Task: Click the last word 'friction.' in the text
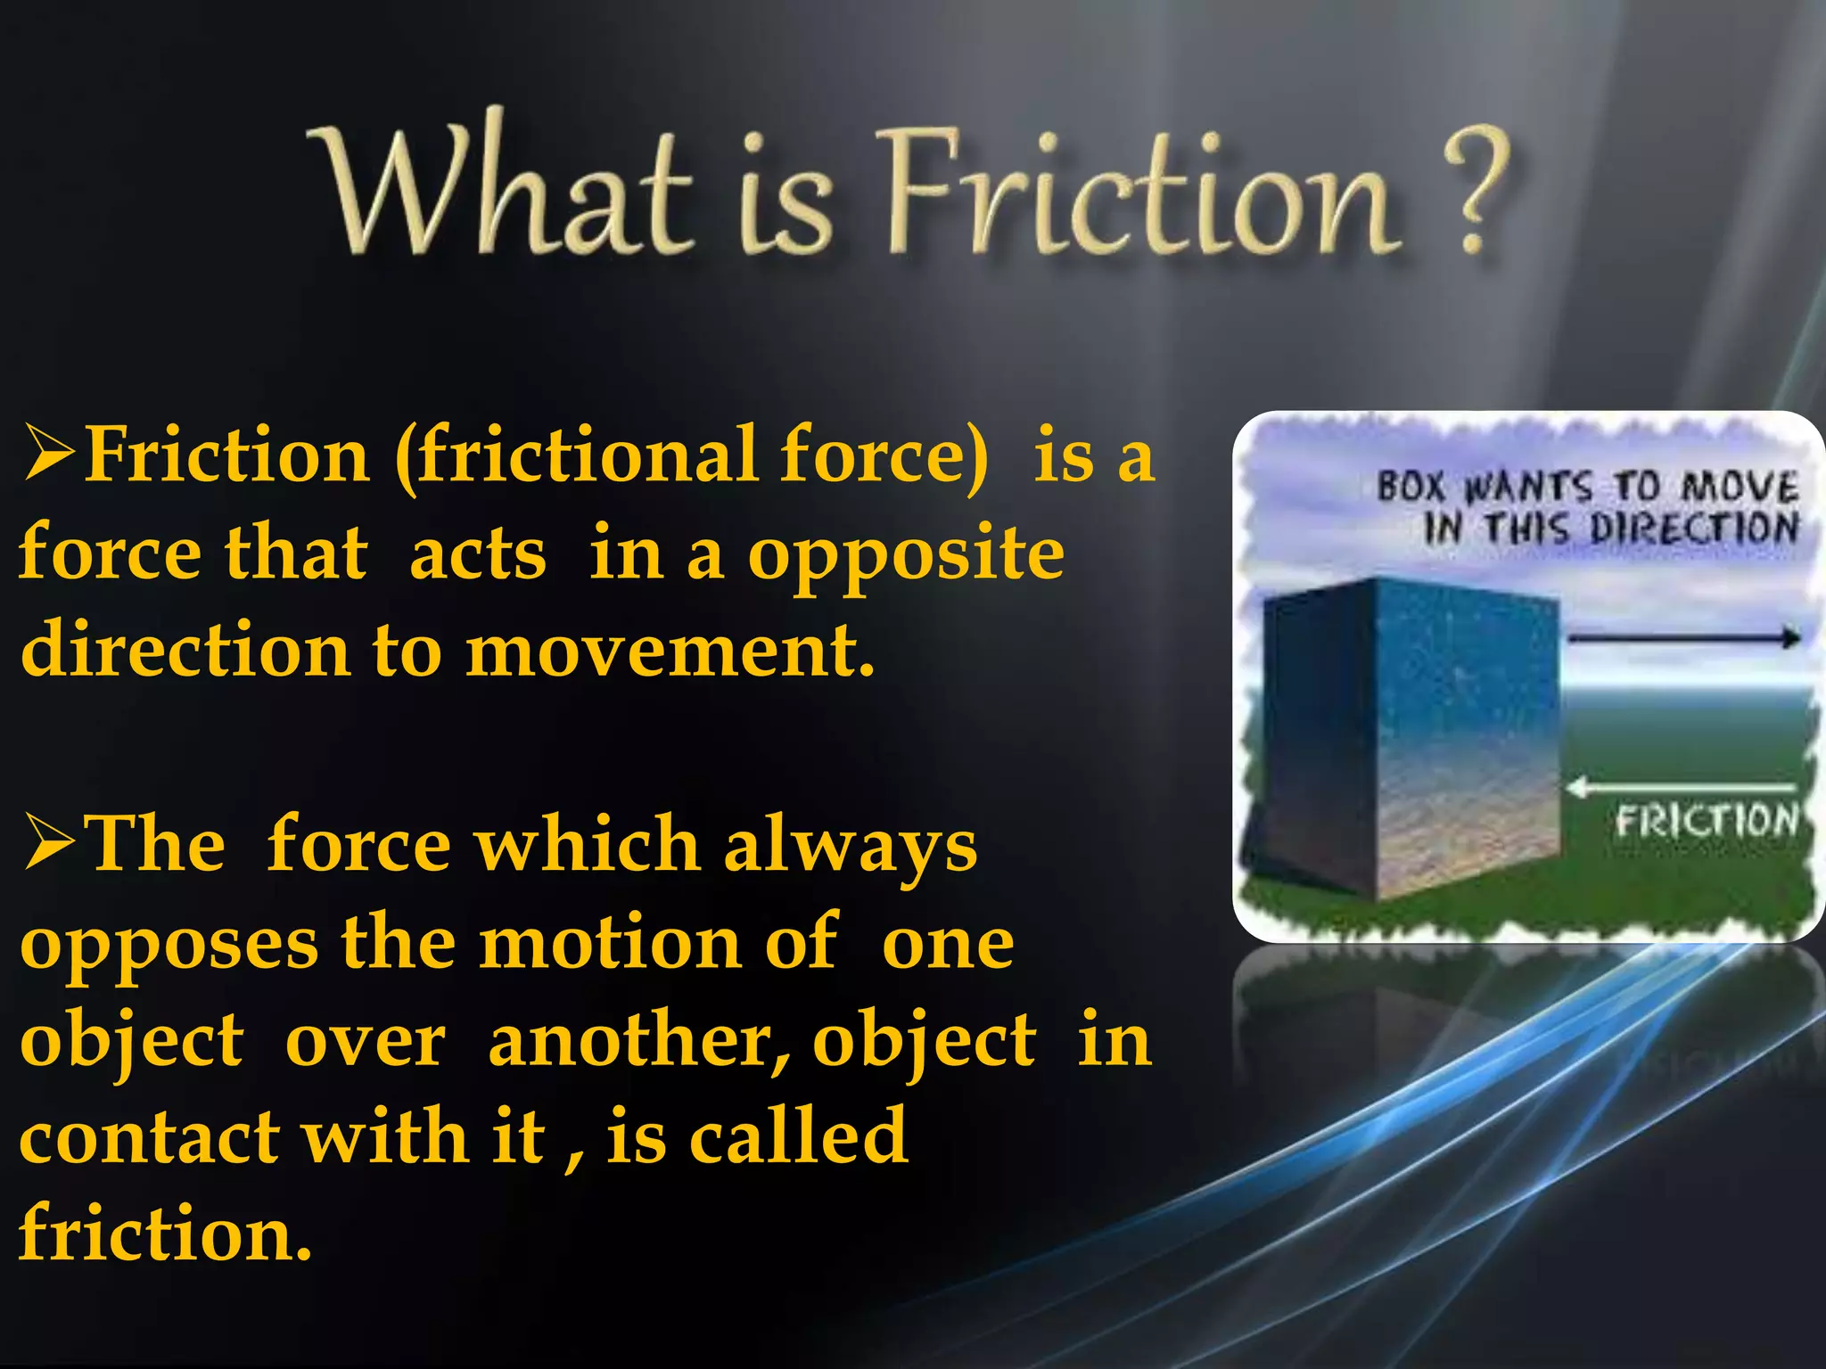[x=165, y=1234]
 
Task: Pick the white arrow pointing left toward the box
[x=1681, y=787]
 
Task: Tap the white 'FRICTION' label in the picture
[x=1706, y=821]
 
